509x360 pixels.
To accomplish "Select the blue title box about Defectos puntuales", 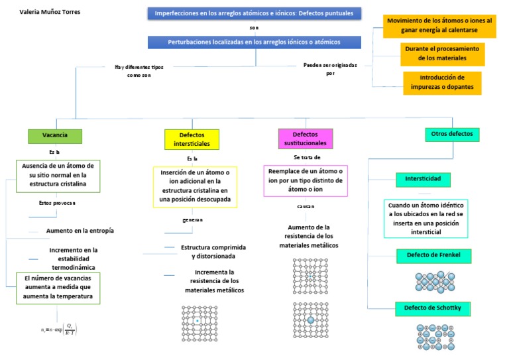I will pos(254,13).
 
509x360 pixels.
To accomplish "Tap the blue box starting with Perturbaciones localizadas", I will pos(254,42).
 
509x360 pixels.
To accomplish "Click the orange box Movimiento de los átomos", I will pos(439,25).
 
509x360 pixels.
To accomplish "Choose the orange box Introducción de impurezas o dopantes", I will pos(441,83).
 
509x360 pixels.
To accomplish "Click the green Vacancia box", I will pos(55,135).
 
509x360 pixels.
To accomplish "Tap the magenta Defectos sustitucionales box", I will pos(305,139).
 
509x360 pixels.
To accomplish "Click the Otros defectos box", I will pos(452,134).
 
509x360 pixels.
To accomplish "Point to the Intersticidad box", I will pos(427,179).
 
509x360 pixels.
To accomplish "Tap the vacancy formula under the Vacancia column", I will pos(60,329).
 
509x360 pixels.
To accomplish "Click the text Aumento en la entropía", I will pos(80,231).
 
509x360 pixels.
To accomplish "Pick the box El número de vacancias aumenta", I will pos(58,288).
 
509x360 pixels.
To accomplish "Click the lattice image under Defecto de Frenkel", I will pos(435,280).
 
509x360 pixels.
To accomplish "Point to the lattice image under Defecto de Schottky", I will pos(434,337).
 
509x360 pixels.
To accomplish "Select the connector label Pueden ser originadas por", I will pos(329,69).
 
